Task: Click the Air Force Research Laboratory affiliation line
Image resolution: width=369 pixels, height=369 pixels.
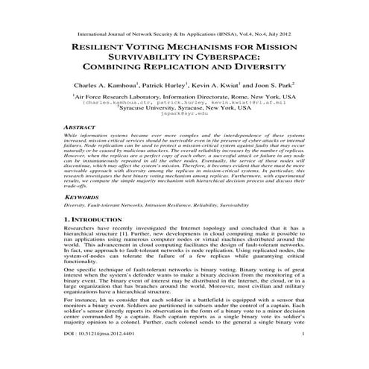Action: (x=185, y=97)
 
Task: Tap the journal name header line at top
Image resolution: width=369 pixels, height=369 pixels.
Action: (x=184, y=23)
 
